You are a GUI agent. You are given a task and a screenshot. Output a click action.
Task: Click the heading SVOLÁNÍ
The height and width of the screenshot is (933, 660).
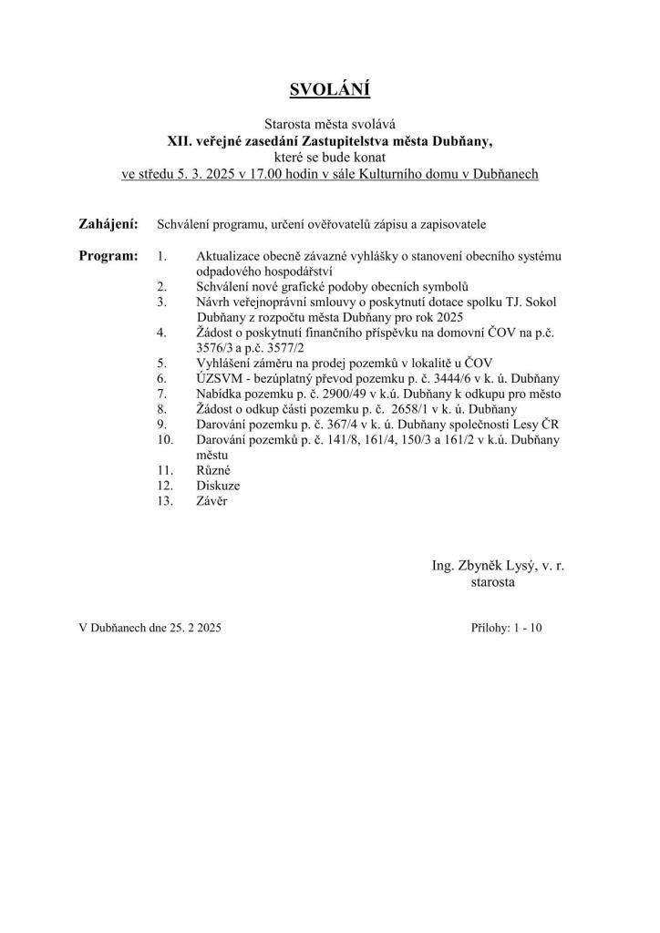click(x=329, y=89)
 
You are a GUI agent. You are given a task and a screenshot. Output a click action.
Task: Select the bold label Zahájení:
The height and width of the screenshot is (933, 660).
click(x=109, y=223)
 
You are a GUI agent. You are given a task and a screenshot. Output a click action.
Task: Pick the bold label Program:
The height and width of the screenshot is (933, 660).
click(x=108, y=256)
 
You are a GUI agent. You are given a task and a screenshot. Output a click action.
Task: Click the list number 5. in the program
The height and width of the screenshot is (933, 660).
click(x=161, y=363)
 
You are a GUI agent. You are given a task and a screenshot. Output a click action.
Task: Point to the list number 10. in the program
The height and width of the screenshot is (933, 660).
click(x=165, y=439)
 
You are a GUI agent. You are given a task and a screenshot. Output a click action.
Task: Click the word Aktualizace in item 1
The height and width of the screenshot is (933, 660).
click(x=230, y=257)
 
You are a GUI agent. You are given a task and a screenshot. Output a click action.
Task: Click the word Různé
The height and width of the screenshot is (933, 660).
click(x=214, y=470)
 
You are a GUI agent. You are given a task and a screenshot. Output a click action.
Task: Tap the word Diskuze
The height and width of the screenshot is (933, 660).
click(x=219, y=486)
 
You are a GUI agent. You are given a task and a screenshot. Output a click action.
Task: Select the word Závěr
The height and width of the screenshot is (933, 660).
click(x=212, y=501)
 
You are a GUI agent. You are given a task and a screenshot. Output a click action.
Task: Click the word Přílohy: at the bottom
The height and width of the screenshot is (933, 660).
click(x=493, y=628)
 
